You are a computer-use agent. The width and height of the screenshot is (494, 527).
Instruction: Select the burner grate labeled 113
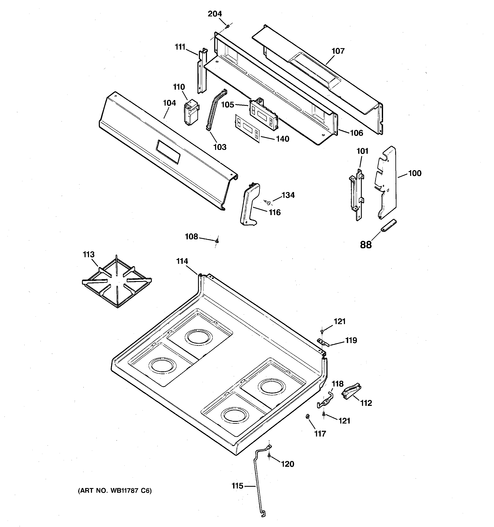click(117, 282)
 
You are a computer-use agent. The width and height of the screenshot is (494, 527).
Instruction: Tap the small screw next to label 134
click(268, 203)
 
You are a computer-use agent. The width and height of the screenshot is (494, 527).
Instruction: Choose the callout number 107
click(338, 51)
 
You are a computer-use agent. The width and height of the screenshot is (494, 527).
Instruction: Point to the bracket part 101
click(356, 194)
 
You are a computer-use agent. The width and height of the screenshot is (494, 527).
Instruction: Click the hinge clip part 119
click(323, 343)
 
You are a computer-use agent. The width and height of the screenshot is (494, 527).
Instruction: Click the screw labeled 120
click(269, 456)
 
